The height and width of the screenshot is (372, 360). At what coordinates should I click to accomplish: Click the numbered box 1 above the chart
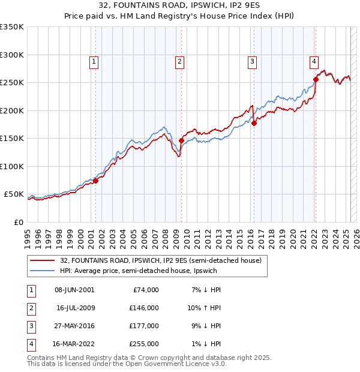click(x=95, y=61)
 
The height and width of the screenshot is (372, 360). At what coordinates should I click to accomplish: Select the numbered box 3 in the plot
click(x=252, y=61)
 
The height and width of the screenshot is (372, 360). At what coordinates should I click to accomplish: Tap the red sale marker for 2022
click(x=316, y=79)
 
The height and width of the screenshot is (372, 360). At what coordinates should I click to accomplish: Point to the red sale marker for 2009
click(x=181, y=140)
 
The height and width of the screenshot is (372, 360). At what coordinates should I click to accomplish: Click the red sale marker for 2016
click(x=254, y=123)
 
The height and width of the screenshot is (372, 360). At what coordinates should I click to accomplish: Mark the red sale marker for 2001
click(x=95, y=181)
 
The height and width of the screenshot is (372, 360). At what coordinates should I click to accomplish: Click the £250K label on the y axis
click(x=12, y=83)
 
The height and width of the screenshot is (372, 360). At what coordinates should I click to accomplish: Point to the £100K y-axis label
click(x=12, y=166)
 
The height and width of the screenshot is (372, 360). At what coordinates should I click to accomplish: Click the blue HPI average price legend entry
click(x=138, y=271)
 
